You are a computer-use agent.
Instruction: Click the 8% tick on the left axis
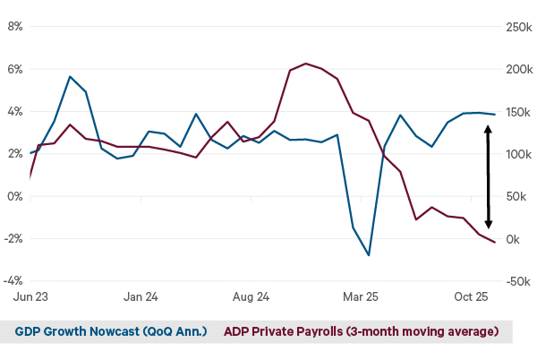(x=15, y=27)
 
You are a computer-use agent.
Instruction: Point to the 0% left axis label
(x=15, y=196)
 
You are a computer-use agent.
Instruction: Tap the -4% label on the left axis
(x=13, y=281)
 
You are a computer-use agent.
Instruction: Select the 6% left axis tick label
(x=15, y=69)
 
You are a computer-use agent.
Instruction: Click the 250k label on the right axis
(x=517, y=27)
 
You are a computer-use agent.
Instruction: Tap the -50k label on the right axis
(x=517, y=281)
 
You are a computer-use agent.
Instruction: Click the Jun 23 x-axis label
(x=30, y=296)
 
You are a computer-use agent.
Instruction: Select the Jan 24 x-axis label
(x=141, y=296)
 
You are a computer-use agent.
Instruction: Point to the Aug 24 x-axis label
(x=251, y=296)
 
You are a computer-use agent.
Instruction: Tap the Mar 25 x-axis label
(x=361, y=296)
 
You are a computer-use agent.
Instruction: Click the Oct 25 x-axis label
(x=471, y=296)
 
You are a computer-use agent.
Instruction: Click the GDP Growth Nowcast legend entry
(x=111, y=331)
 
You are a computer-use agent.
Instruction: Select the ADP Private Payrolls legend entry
(x=361, y=331)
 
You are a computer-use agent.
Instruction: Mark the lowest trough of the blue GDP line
(x=369, y=255)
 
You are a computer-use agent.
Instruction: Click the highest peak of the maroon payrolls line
(x=306, y=64)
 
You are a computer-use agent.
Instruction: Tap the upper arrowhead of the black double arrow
(x=489, y=128)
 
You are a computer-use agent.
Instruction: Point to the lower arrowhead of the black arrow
(x=489, y=226)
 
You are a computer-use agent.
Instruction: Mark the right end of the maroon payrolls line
(x=495, y=243)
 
